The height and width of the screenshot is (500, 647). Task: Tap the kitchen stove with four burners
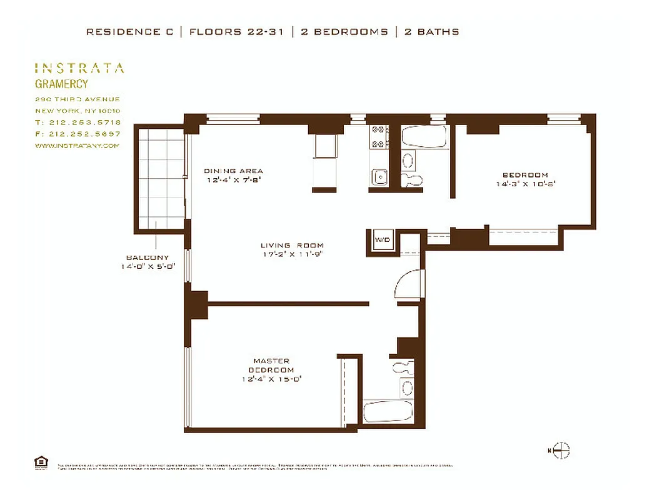(378, 137)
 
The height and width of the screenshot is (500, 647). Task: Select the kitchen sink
(379, 177)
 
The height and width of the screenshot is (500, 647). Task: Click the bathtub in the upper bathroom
(423, 137)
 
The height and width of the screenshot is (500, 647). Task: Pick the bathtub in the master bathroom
(388, 412)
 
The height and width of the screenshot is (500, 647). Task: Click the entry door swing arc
(409, 285)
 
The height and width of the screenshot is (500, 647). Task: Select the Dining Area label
(233, 171)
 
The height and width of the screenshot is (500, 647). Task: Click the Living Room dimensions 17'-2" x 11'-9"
(292, 254)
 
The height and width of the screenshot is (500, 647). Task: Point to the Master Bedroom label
(271, 365)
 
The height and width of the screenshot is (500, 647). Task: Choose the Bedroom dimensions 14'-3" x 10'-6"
(525, 184)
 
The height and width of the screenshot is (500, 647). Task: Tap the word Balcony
(147, 257)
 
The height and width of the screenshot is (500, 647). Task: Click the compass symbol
(561, 450)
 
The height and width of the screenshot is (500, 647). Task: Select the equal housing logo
(41, 462)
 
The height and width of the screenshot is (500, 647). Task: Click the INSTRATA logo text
(79, 68)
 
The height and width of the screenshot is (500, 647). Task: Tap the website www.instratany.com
(77, 146)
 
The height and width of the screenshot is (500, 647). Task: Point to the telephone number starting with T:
(78, 122)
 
